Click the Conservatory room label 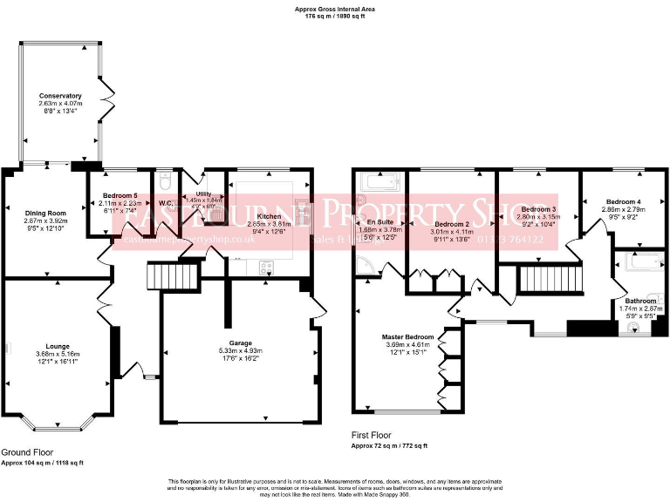point(60,96)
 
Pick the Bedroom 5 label point(120,195)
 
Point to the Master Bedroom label point(407,336)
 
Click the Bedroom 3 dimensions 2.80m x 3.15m point(538,218)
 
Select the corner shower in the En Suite point(366,268)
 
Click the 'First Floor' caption point(373,435)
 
